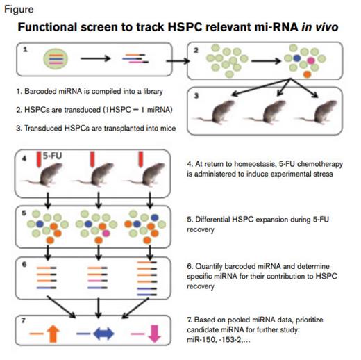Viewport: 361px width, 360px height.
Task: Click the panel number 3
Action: (x=196, y=97)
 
